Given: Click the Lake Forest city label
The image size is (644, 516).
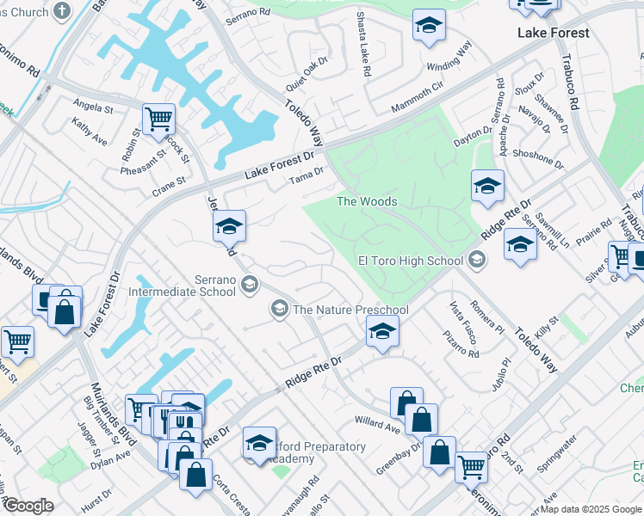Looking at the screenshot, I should tap(554, 33).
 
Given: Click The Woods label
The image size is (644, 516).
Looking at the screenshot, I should tap(367, 201).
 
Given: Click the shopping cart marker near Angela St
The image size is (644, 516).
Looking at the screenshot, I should tap(158, 119).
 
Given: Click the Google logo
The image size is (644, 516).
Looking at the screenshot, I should tap(28, 506).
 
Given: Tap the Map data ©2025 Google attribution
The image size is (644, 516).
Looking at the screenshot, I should tap(591, 509).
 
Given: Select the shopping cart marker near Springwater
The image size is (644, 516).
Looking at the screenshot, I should tap(472, 467).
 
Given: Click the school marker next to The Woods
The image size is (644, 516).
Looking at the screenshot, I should tap(487, 186).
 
